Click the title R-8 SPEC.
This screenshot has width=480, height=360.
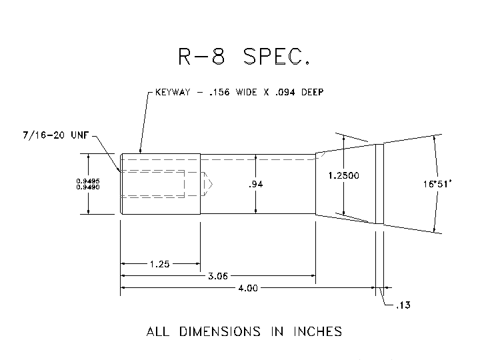click(x=243, y=57)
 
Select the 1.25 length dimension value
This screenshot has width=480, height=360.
click(x=160, y=264)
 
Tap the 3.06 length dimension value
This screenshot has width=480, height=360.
click(x=217, y=276)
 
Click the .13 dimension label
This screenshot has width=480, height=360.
click(x=403, y=306)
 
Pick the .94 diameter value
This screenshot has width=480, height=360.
click(x=255, y=185)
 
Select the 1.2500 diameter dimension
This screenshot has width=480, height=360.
click(x=344, y=175)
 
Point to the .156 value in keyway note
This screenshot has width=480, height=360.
click(x=219, y=93)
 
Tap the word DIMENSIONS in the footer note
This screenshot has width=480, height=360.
click(x=227, y=331)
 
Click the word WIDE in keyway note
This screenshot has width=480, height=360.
click(x=248, y=93)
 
